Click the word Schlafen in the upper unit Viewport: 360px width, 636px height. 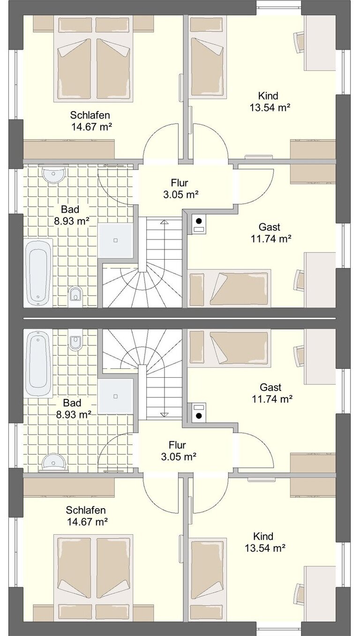point(90,115)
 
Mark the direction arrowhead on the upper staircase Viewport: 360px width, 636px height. point(164,222)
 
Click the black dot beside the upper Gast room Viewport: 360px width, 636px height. point(199,221)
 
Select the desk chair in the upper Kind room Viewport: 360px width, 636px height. point(299,42)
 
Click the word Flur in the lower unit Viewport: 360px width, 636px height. point(177,445)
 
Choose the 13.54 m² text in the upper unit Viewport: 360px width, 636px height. point(270,108)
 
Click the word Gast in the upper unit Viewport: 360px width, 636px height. point(270,227)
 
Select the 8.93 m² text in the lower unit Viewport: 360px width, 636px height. point(73,415)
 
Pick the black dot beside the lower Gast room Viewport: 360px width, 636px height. point(199,416)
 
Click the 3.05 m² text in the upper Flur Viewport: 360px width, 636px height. point(180,195)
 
